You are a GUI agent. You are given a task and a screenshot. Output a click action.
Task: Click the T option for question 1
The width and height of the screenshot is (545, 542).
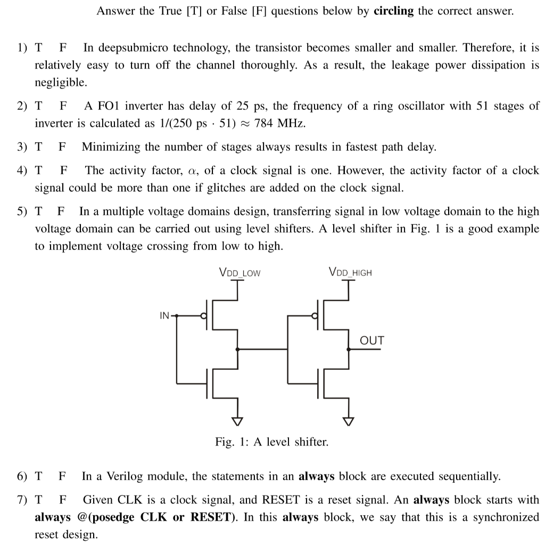(38, 47)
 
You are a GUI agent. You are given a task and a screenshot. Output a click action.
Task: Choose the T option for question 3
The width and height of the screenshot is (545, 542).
(38, 147)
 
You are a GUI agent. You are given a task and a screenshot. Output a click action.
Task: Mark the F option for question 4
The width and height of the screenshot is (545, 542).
(64, 171)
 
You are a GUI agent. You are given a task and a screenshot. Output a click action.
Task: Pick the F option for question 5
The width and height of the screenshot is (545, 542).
(61, 211)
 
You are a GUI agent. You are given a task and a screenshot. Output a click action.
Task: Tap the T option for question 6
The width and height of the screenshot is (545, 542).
(38, 476)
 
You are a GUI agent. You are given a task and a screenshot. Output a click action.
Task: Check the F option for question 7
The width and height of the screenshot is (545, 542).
(62, 500)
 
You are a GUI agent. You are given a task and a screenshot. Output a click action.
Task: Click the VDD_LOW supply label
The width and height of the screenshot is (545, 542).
(240, 273)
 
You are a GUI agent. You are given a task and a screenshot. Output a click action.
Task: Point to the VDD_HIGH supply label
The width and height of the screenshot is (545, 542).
(350, 273)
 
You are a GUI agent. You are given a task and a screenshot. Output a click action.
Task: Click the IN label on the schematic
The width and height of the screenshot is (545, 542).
(165, 316)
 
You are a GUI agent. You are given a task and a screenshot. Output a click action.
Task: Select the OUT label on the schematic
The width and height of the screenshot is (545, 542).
(372, 340)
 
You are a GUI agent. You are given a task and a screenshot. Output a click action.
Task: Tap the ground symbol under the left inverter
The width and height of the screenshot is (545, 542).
(238, 421)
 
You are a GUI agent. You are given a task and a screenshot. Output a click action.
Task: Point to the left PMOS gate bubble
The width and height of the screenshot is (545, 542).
(203, 316)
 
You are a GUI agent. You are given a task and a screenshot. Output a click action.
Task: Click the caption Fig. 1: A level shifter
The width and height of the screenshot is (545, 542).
(272, 442)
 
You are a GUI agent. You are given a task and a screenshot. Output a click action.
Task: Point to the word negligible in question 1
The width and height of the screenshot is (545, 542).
(60, 82)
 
